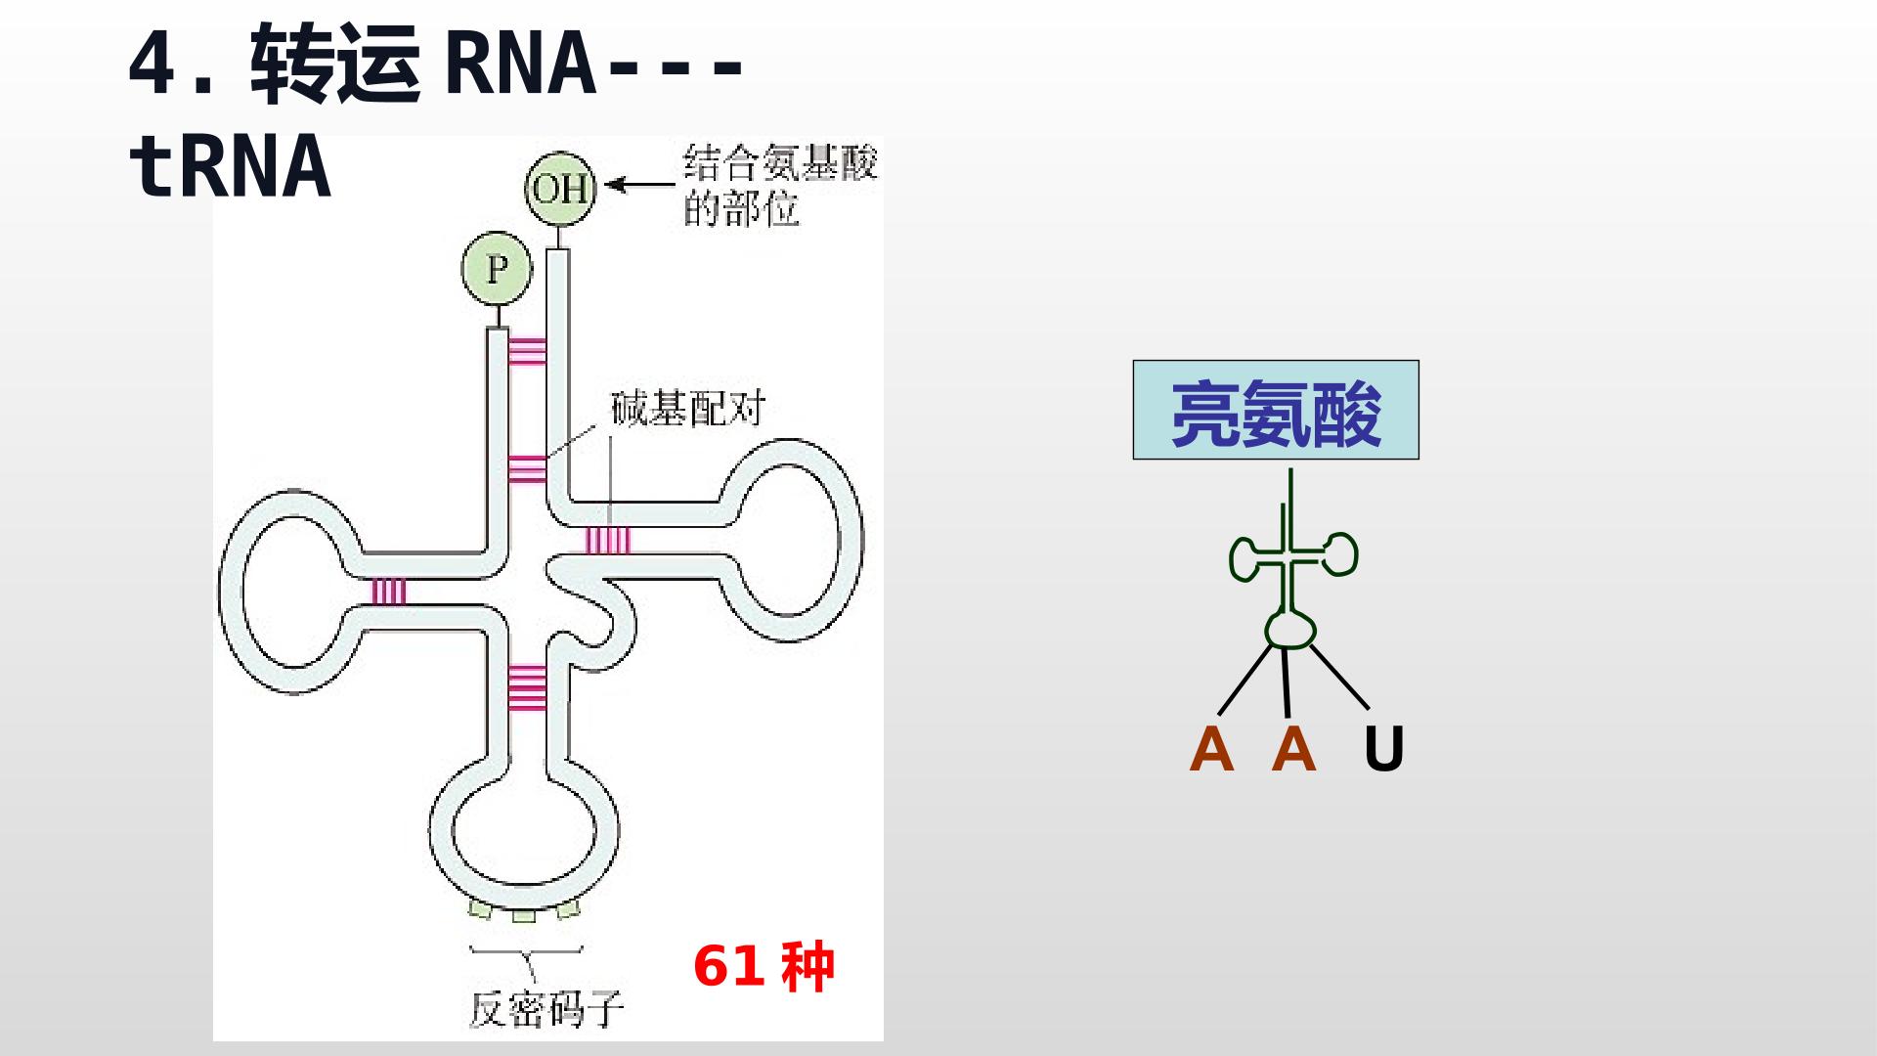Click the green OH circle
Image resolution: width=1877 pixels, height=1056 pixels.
coord(560,188)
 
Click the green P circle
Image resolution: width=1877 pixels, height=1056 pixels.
coord(497,268)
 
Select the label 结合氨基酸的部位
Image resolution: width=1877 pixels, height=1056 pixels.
coord(780,186)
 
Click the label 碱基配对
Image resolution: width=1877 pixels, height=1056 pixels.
coord(686,408)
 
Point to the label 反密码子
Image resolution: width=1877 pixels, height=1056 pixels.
coord(546,1007)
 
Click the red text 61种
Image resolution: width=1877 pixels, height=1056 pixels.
coord(764,966)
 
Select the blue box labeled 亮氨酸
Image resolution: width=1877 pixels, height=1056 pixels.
coord(1276,410)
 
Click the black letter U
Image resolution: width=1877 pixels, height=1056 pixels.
coord(1383,750)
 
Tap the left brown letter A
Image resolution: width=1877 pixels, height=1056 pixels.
coord(1211,750)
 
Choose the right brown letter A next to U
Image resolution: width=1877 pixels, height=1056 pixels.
coord(1294,750)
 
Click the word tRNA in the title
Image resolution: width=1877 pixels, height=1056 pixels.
coord(231,166)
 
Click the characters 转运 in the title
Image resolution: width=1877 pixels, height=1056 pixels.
coord(336,65)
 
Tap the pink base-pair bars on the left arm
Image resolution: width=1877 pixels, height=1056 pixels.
coord(389,592)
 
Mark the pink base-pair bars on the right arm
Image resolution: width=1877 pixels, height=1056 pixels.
coord(608,540)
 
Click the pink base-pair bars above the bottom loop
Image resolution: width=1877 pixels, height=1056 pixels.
coord(527,685)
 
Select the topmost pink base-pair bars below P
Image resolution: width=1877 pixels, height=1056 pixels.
coord(527,350)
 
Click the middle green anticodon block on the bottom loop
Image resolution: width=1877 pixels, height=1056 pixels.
coord(525,917)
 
